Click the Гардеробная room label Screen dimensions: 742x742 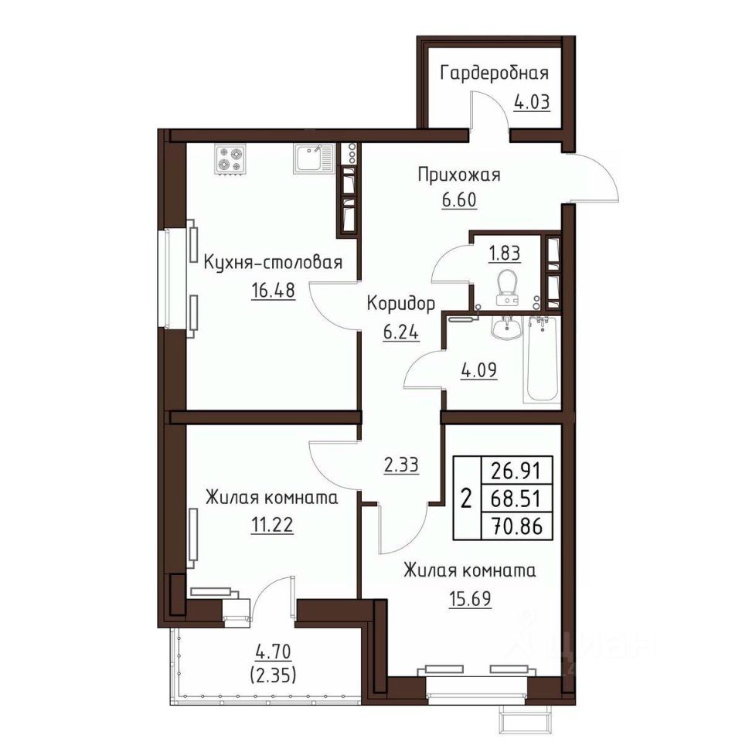495,74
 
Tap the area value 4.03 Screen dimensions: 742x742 532,102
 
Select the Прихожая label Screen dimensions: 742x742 459,175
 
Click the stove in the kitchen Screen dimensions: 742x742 230,160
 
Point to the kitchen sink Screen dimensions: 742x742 313,158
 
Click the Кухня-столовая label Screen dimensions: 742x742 273,262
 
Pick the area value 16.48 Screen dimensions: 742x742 273,290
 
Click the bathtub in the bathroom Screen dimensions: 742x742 543,359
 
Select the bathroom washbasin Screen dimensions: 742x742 506,327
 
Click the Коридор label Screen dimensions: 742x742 401,304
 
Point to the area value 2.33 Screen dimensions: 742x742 401,465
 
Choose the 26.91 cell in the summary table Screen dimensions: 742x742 516,470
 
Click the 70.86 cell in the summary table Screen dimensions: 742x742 516,526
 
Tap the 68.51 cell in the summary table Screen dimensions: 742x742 516,498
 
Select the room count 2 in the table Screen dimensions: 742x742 467,499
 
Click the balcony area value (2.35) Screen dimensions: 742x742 273,676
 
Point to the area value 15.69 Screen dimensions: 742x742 469,598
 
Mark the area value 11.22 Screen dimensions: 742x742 271,525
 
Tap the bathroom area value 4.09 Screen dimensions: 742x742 479,370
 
